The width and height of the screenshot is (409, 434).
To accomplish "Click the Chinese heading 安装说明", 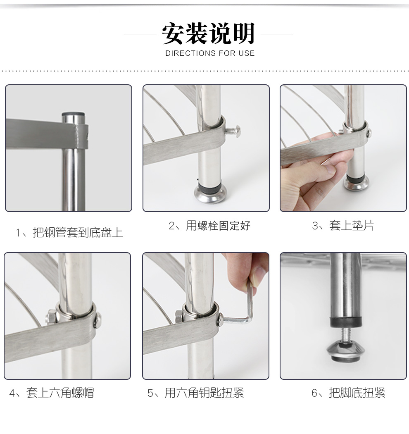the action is click(208, 33).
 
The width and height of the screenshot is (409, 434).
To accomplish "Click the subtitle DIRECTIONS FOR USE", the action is click(210, 53).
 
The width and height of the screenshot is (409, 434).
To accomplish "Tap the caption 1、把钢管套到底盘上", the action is click(69, 232).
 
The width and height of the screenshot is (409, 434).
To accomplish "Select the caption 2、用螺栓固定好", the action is click(209, 226).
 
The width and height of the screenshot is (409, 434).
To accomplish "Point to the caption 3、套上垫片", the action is click(343, 226).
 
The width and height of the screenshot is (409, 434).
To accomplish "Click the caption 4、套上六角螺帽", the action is click(52, 393).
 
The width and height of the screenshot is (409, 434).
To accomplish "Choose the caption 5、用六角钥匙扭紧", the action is click(195, 393).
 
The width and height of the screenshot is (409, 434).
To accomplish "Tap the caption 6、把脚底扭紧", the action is click(348, 393).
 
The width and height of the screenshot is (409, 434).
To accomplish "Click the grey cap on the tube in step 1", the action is click(74, 114).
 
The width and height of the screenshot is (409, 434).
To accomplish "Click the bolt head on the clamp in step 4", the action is click(97, 320).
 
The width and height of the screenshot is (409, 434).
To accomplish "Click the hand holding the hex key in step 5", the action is click(247, 270).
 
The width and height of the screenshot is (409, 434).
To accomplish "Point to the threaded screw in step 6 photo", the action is click(346, 336).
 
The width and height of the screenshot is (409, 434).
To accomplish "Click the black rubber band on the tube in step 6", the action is click(346, 322).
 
